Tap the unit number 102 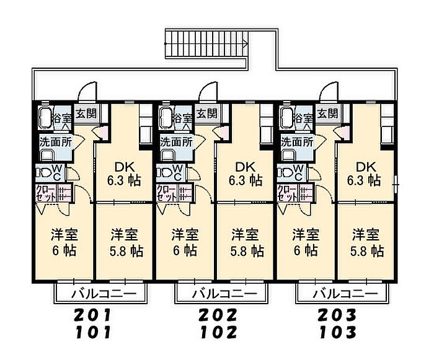pyautogui.click(x=218, y=332)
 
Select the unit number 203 pyautogui.click(x=339, y=315)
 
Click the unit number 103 pyautogui.click(x=339, y=332)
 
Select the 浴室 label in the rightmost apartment pyautogui.click(x=303, y=118)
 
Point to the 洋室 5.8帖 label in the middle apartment pyautogui.click(x=247, y=242)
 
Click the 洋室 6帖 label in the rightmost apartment pyautogui.click(x=306, y=242)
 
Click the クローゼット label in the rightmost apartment pyautogui.click(x=286, y=192)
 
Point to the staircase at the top pyautogui.click(x=206, y=43)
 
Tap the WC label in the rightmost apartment pyautogui.click(x=298, y=171)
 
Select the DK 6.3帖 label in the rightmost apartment pyautogui.click(x=366, y=173)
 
